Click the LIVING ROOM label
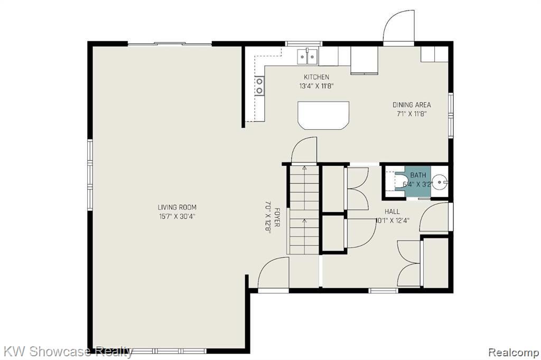(x=177, y=207)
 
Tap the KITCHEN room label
(x=316, y=77)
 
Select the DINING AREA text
(x=412, y=105)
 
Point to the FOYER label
(x=277, y=217)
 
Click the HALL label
(x=393, y=211)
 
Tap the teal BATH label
(x=418, y=175)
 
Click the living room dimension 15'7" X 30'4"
(x=177, y=216)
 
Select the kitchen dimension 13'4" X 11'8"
(x=316, y=86)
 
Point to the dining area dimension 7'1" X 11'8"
(x=412, y=114)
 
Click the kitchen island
(x=323, y=116)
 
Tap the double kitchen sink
(x=307, y=56)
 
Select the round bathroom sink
(x=440, y=181)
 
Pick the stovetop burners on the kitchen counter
(x=259, y=86)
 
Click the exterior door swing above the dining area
(x=399, y=27)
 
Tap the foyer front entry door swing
(x=273, y=273)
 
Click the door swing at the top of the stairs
(x=304, y=150)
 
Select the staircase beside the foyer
(x=304, y=210)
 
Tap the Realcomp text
(x=514, y=353)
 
